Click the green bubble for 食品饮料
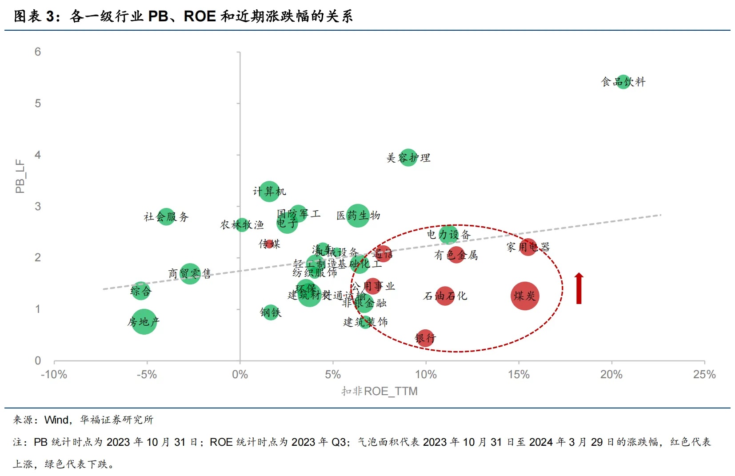[623, 82]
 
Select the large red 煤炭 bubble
[525, 296]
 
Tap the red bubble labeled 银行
[425, 338]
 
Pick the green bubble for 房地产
[143, 322]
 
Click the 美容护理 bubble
[408, 158]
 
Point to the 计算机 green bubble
[269, 192]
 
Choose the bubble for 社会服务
[166, 217]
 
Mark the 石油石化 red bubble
[445, 296]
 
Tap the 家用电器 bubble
[528, 247]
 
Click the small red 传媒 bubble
[269, 244]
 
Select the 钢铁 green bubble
[271, 313]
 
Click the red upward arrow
[579, 288]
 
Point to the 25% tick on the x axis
[704, 375]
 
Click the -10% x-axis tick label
[54, 375]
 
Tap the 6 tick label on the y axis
[38, 52]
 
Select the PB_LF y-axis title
[20, 176]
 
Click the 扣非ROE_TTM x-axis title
[379, 391]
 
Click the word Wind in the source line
[56, 420]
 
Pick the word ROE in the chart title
[200, 16]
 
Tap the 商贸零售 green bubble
[190, 273]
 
